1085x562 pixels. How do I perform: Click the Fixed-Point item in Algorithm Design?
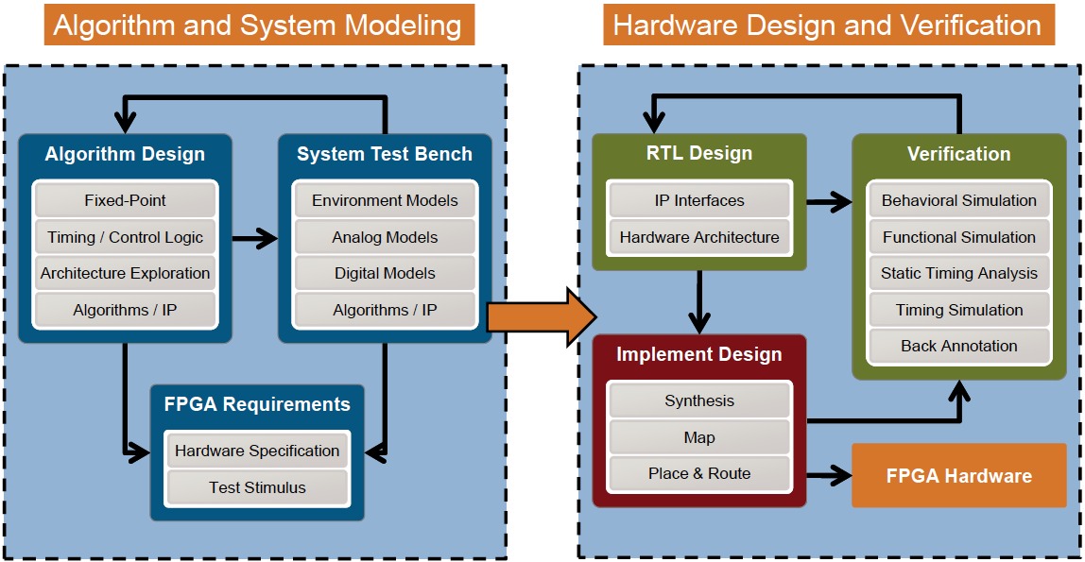pos(125,200)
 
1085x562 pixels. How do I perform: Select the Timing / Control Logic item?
pos(125,237)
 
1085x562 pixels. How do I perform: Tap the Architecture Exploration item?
pos(125,273)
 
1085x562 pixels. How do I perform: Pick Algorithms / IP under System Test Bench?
pos(385,310)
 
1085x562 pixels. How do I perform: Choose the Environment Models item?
pos(385,200)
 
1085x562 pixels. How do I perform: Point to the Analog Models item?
pos(385,237)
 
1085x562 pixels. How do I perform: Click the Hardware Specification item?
pos(257,451)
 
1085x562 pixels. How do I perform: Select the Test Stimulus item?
pos(257,487)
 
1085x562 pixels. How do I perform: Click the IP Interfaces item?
pos(699,200)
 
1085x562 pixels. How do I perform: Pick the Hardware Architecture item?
pos(699,237)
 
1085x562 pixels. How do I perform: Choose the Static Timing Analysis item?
pos(959,273)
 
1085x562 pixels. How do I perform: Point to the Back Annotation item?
pos(959,346)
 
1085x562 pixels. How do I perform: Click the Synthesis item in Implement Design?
pos(699,400)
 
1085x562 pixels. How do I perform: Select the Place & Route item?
pos(699,473)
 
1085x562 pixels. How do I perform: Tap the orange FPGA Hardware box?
pos(958,475)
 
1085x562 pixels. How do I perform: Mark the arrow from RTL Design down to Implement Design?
pos(699,302)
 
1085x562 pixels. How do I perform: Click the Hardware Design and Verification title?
pos(827,25)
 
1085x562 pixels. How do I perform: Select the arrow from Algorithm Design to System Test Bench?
pos(253,238)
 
